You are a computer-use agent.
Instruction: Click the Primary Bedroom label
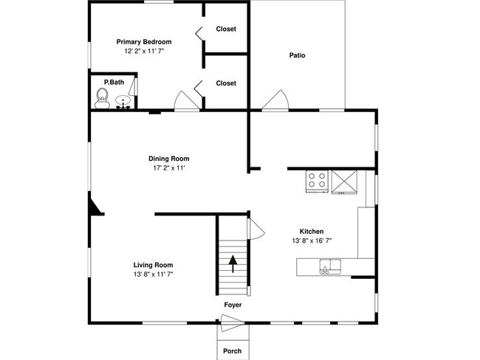(x=144, y=42)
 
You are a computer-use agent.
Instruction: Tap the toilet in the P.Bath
(x=102, y=99)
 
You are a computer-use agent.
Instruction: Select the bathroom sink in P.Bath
(x=123, y=102)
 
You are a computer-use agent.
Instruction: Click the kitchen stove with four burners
(x=317, y=181)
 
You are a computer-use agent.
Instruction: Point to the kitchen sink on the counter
(x=330, y=266)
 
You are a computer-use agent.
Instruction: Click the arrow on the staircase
(x=233, y=264)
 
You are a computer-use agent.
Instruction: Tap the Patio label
(x=298, y=55)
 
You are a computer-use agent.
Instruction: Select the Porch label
(x=233, y=351)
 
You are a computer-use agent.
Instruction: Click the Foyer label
(x=233, y=305)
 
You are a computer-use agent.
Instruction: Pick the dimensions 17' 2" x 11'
(x=169, y=167)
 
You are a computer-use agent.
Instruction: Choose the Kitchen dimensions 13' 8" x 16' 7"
(x=312, y=240)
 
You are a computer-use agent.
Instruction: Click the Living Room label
(x=153, y=265)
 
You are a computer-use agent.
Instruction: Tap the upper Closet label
(x=226, y=29)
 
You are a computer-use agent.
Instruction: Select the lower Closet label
(x=226, y=83)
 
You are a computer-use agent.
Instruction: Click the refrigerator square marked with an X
(x=344, y=182)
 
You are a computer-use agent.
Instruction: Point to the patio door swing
(x=275, y=100)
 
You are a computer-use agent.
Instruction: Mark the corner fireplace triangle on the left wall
(x=95, y=207)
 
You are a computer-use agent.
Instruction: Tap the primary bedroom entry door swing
(x=187, y=100)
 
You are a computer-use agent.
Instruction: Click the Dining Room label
(x=169, y=159)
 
